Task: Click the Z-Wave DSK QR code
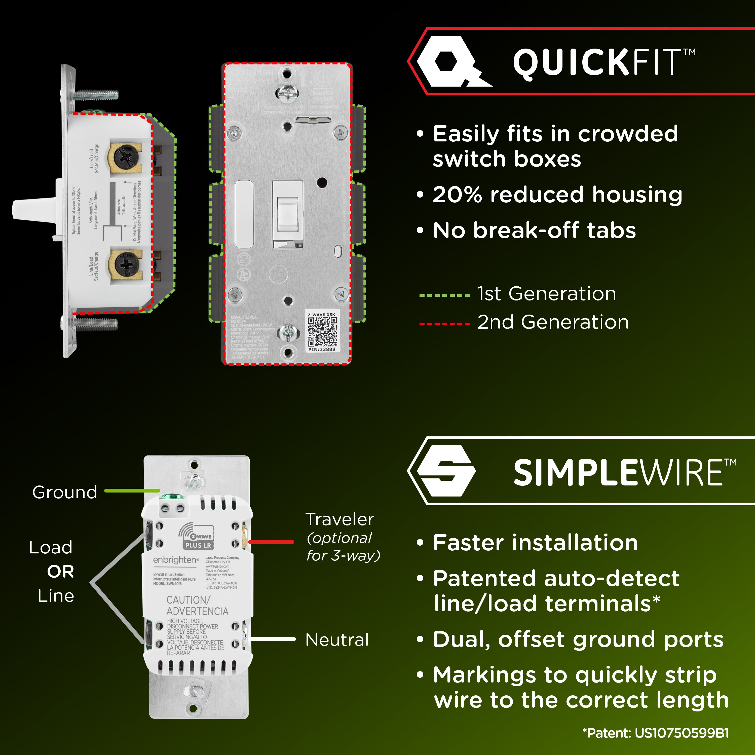[322, 332]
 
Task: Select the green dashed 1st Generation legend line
[444, 295]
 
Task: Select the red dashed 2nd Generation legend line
[444, 324]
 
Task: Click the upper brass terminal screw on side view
[125, 158]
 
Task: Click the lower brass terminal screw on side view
[125, 265]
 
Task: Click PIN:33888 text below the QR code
[322, 349]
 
